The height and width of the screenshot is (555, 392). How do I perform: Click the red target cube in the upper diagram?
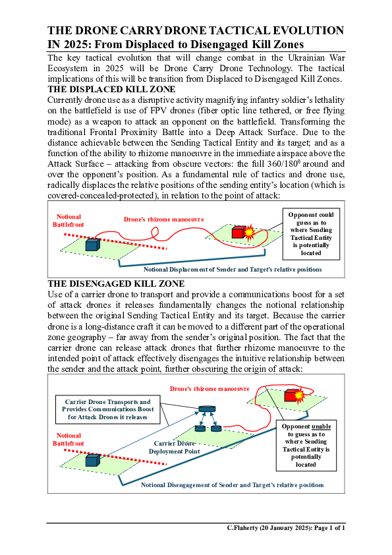238,231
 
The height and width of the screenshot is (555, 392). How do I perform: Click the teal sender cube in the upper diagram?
92,245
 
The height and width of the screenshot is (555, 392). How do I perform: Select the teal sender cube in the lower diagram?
92,459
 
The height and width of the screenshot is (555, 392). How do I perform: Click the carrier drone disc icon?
208,410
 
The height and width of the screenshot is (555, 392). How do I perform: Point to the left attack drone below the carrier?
198,429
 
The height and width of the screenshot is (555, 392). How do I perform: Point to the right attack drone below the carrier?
215,429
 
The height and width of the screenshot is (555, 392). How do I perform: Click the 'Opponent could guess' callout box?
311,233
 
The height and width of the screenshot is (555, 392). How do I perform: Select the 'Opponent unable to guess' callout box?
306,446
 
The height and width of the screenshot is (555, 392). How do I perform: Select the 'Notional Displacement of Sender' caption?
233,269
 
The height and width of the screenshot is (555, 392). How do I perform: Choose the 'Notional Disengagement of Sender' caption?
232,484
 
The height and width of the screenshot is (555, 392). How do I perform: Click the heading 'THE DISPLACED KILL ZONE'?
111,90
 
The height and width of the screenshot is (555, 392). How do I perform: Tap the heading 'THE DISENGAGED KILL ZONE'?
115,284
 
